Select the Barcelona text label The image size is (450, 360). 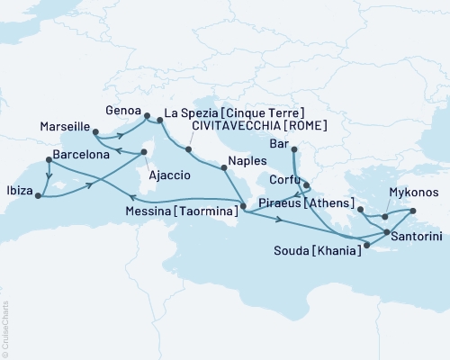pyautogui.click(x=82, y=155)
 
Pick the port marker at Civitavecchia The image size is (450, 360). pyautogui.click(x=189, y=148)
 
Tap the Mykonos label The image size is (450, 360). pyautogui.click(x=413, y=193)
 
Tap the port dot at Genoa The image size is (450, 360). pyautogui.click(x=147, y=114)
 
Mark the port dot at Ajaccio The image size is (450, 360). pyautogui.click(x=144, y=152)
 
